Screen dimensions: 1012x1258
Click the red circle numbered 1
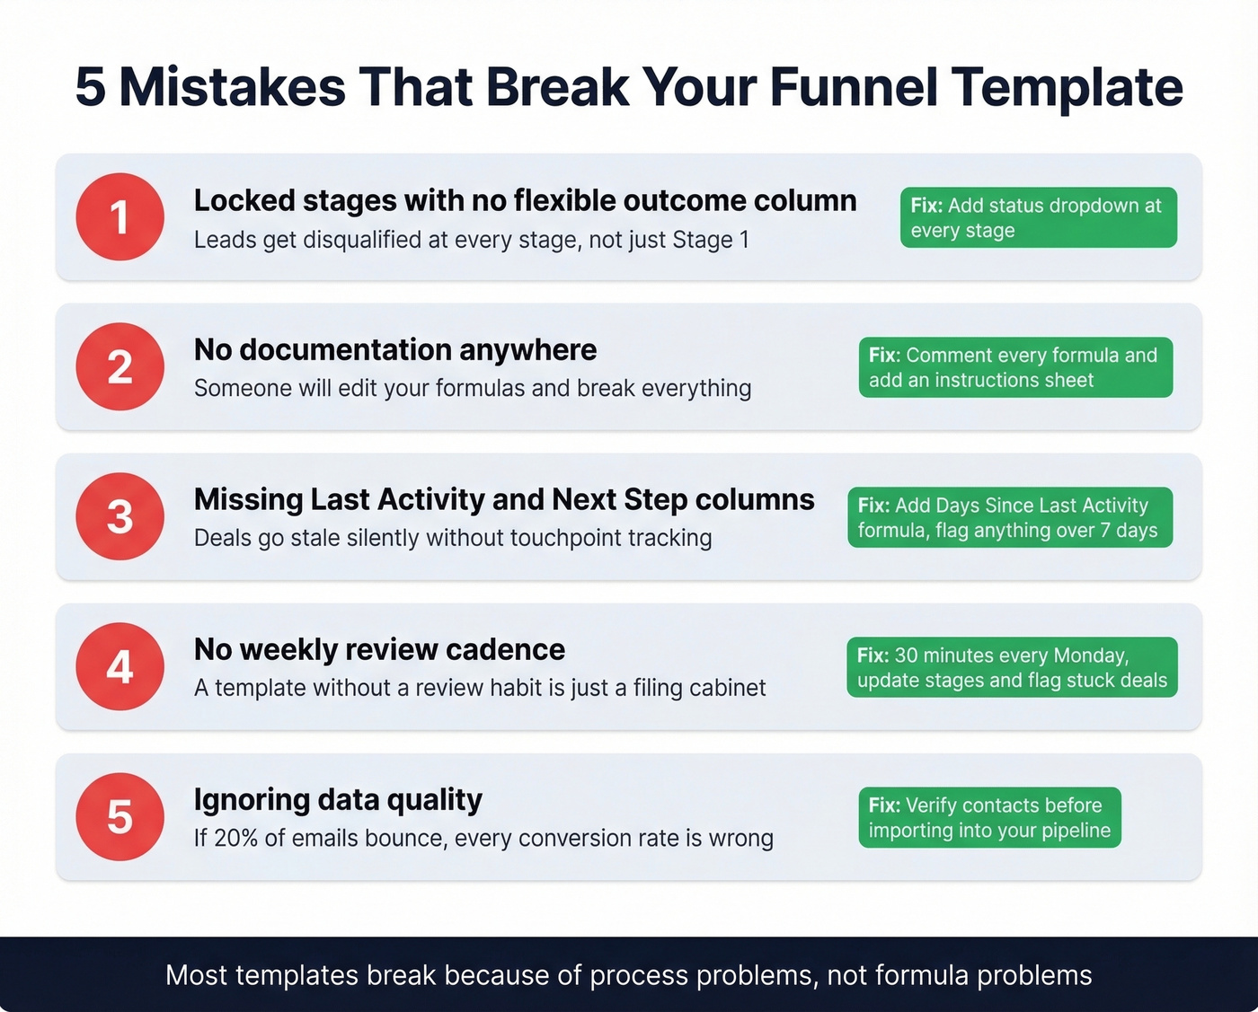120,217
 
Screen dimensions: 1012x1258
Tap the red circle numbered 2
120,366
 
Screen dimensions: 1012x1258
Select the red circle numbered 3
120,516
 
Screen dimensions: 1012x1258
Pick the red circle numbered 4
120,666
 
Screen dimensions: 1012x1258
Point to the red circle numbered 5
120,816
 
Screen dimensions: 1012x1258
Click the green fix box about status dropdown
1038,217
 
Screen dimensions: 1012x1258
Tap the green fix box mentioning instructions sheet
1015,367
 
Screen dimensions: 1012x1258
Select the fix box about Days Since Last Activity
1009,517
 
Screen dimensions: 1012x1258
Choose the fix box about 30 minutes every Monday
1011,667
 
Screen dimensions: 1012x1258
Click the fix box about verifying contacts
989,817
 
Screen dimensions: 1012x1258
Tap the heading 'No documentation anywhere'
395,349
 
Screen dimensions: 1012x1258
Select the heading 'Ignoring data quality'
338,799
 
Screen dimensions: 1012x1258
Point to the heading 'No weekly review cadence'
379,649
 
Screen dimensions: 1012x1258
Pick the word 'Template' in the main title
1067,87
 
